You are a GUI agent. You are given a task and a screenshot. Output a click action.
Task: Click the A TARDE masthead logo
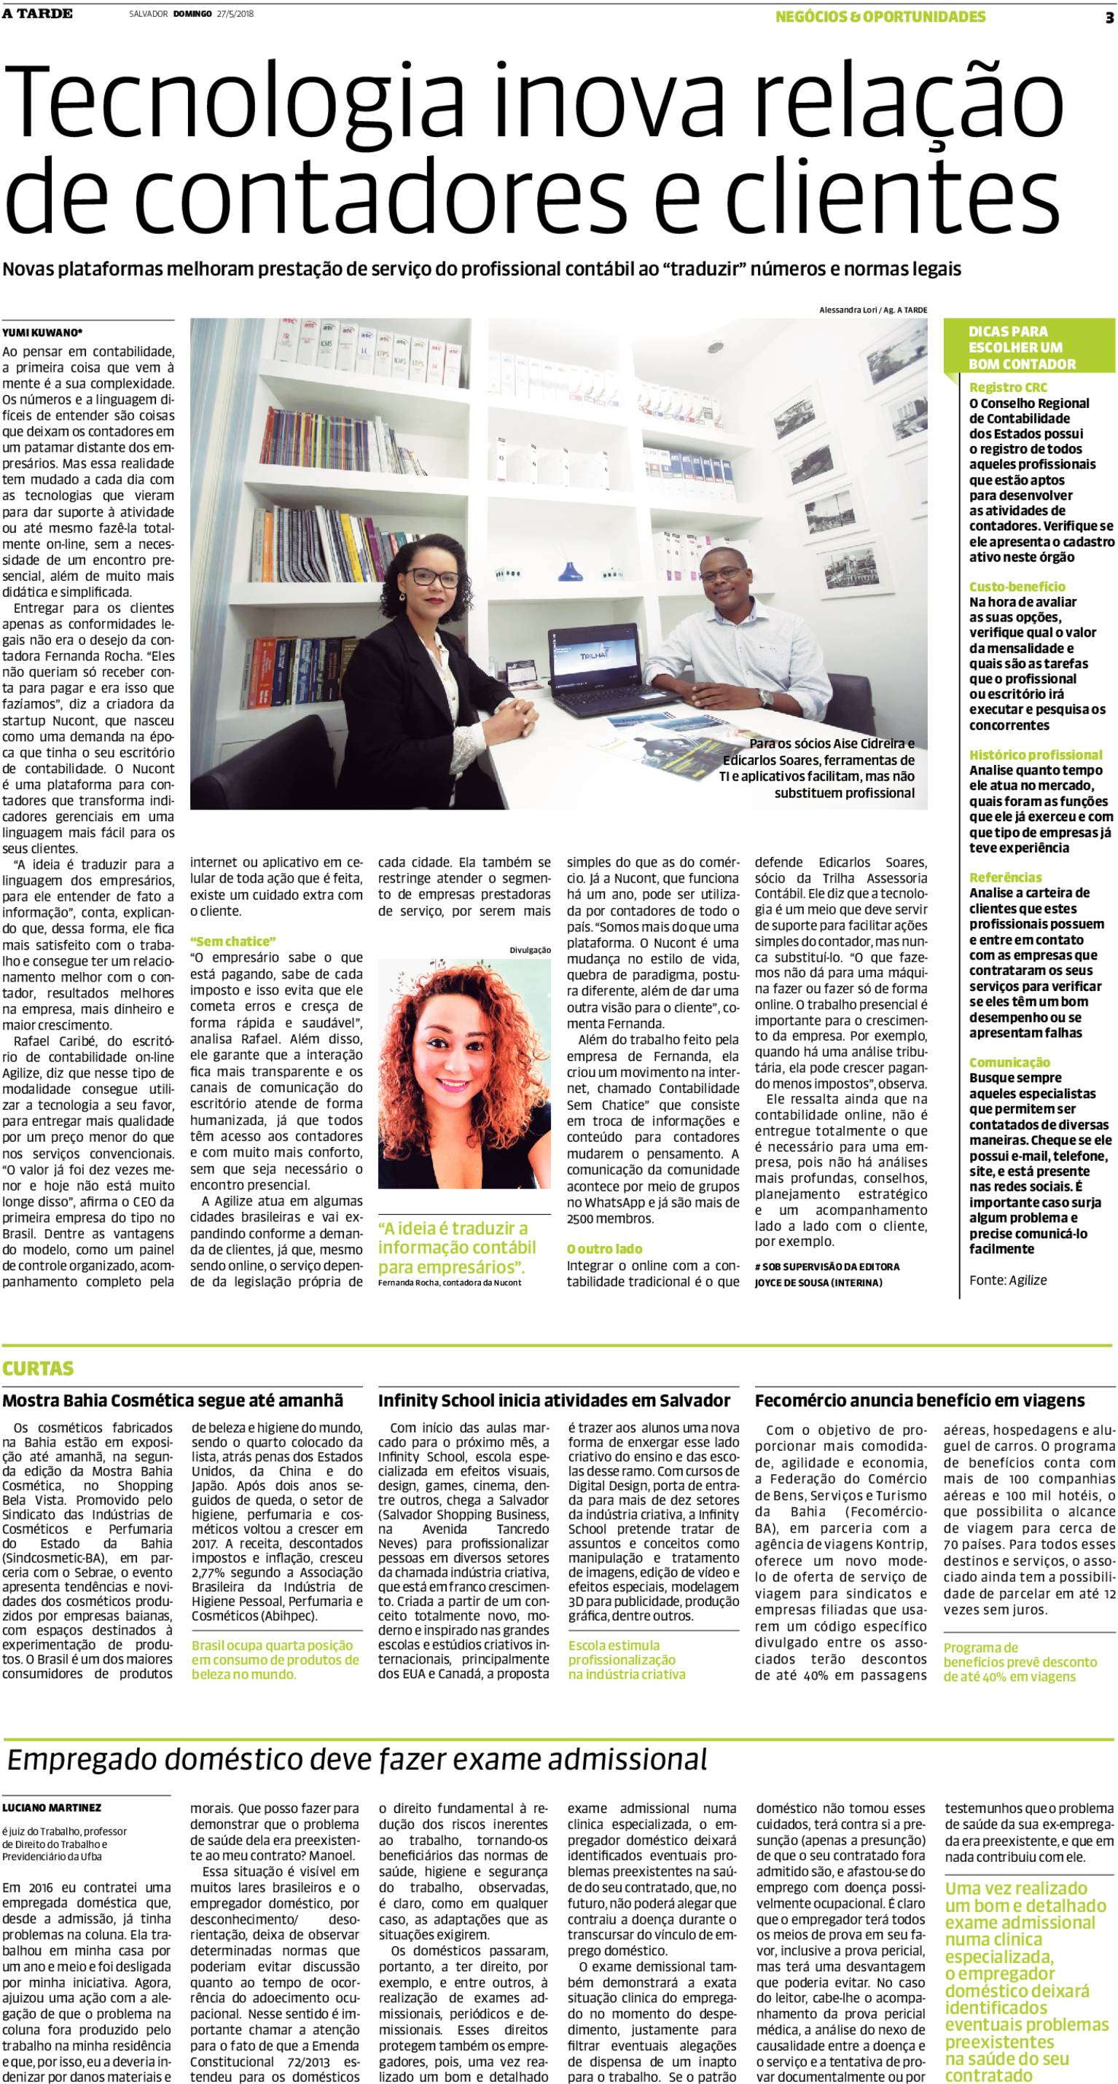(x=37, y=14)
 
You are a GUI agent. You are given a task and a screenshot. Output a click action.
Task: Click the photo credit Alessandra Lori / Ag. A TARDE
(x=872, y=310)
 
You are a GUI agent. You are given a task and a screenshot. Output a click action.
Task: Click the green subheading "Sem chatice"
(x=233, y=941)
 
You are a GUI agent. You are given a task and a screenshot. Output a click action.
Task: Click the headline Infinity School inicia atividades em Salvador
(x=554, y=1401)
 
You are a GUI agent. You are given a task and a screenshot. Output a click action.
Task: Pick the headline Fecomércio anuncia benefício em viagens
(x=919, y=1401)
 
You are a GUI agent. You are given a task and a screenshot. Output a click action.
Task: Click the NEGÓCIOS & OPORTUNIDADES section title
(x=880, y=17)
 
